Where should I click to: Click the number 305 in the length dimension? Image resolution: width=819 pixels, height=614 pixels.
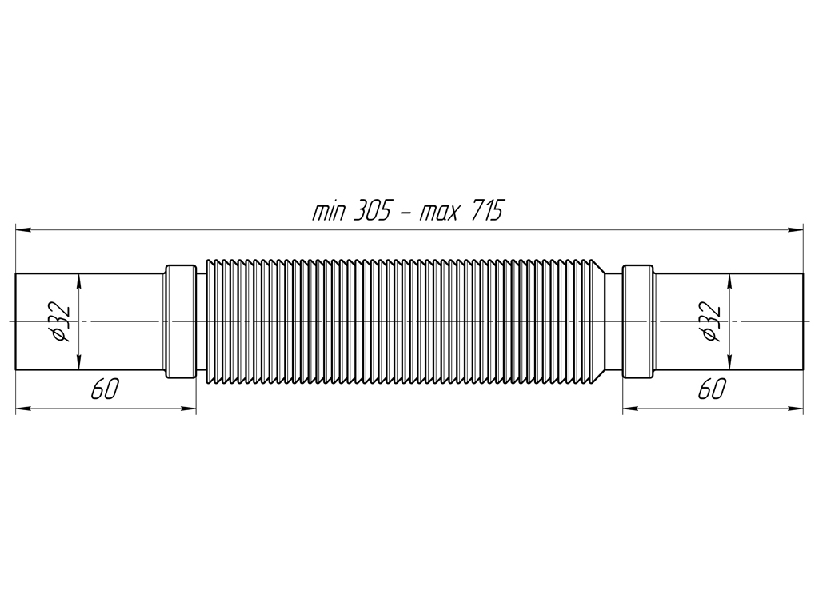coord(372,211)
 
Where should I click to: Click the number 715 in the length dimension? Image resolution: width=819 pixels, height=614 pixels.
coord(487,211)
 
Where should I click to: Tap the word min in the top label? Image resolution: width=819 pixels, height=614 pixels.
coord(329,212)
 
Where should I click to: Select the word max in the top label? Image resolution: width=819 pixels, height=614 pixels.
coord(440,213)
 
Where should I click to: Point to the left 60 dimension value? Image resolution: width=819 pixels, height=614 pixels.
coord(105,389)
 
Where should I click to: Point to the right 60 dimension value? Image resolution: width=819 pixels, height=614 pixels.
coord(713,389)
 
